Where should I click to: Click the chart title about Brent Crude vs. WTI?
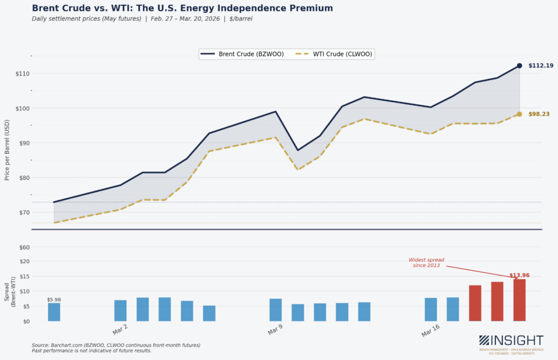tap(182, 8)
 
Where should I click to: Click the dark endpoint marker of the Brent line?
tap(519, 66)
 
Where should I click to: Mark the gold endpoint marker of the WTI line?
tap(519, 114)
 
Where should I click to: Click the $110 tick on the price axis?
tap(22, 74)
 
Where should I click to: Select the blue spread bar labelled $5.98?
tap(54, 312)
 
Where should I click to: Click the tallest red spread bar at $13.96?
tap(519, 300)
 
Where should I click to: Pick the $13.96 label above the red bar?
tap(519, 276)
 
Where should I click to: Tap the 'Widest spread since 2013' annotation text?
tap(427, 263)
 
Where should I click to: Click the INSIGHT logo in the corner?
tap(511, 342)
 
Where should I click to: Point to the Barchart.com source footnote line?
tap(116, 345)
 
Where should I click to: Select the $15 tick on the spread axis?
tap(23, 276)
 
